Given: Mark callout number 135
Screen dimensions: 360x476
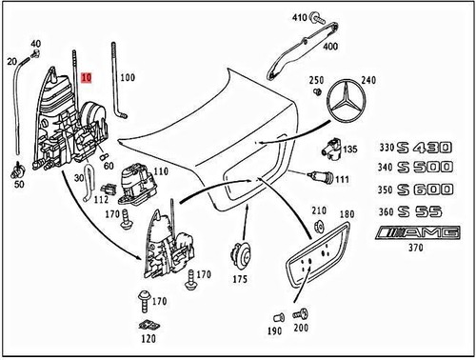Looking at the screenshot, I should (350, 150).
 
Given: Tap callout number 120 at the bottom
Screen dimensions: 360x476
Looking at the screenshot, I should (146, 338).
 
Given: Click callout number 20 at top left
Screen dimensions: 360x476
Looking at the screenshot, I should (13, 61).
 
